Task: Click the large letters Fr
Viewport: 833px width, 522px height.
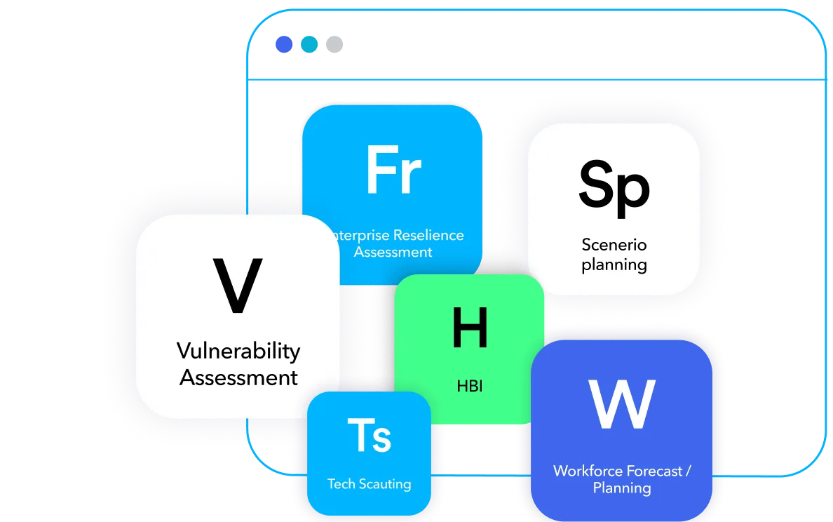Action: (x=393, y=170)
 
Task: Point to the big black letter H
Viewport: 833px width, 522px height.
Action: (x=469, y=328)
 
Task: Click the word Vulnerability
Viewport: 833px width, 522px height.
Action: (x=238, y=350)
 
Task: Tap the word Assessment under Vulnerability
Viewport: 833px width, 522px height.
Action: (x=238, y=377)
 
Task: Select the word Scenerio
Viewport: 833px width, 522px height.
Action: (x=614, y=245)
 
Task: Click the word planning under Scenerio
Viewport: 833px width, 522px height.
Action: (x=614, y=265)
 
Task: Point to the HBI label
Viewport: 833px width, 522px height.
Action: (x=469, y=386)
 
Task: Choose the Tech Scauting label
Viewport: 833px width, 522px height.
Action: (x=369, y=483)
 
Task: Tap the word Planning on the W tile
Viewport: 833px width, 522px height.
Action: (x=621, y=488)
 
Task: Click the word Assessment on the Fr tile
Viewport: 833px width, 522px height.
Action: (x=393, y=252)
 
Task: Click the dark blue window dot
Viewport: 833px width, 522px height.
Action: (x=284, y=45)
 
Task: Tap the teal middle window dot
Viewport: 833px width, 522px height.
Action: (x=309, y=45)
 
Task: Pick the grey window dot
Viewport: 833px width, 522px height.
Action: (x=334, y=45)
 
